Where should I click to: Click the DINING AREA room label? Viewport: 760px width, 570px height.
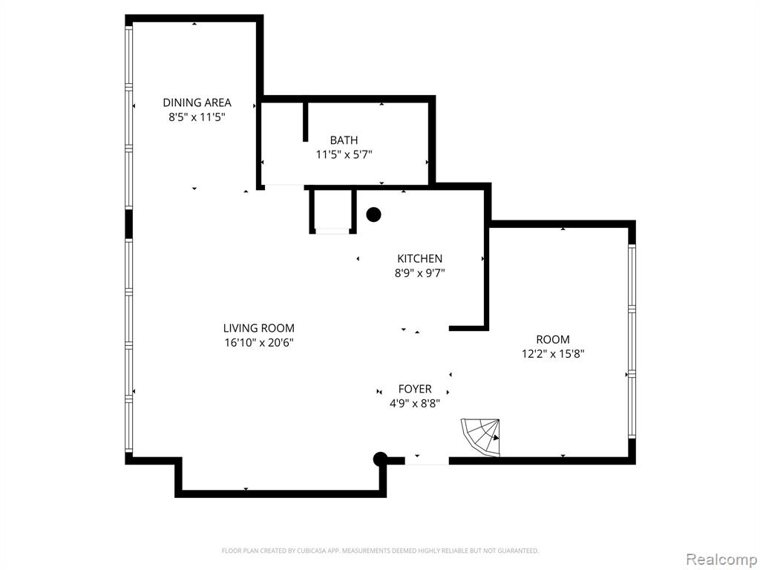[197, 102]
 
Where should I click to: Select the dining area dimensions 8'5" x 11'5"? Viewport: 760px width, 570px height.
[197, 117]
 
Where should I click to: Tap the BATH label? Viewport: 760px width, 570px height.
[344, 140]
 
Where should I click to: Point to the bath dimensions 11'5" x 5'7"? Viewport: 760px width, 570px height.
[344, 154]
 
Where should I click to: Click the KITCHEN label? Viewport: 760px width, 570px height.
[420, 259]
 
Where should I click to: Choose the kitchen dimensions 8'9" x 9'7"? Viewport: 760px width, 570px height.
[420, 273]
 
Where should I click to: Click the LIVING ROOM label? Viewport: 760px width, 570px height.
[259, 328]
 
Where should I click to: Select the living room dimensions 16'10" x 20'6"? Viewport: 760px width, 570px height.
[259, 343]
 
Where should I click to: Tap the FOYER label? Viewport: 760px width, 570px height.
[415, 389]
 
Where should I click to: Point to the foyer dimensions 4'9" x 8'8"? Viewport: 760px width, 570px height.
[415, 403]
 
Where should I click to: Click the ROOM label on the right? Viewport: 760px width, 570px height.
[552, 339]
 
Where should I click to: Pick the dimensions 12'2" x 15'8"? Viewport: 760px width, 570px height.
[552, 354]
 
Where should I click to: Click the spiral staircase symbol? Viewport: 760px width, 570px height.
[481, 437]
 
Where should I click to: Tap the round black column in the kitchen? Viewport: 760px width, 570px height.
[373, 214]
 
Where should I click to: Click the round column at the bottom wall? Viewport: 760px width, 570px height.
[380, 459]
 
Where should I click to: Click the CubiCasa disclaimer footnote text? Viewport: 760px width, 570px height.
[380, 551]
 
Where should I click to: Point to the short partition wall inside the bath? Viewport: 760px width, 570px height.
[305, 122]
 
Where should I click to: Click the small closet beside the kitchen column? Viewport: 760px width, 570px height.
[333, 212]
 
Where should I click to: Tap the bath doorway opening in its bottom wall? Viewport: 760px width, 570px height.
[284, 186]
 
